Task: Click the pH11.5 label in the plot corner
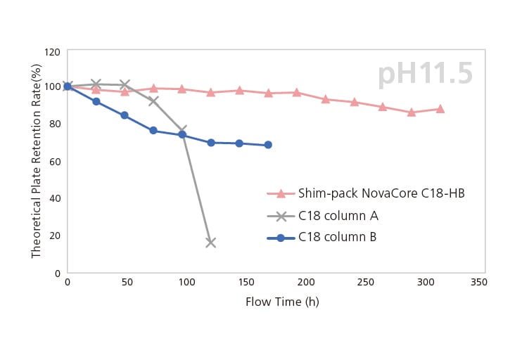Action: coord(425,75)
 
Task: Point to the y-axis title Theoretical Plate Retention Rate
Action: coord(36,160)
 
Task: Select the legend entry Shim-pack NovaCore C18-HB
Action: coord(381,193)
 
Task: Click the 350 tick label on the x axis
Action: coord(478,282)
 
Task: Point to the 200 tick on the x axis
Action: coord(305,282)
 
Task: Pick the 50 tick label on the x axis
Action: coord(127,282)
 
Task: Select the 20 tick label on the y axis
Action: coord(53,236)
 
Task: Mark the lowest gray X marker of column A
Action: coord(210,243)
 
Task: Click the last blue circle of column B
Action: coord(268,145)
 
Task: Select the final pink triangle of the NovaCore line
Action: coord(440,109)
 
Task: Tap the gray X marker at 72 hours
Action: coord(153,101)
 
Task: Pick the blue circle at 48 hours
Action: coord(125,115)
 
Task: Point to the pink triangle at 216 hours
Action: coord(326,99)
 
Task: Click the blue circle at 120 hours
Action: coord(210,143)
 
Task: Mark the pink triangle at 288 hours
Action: coord(412,112)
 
